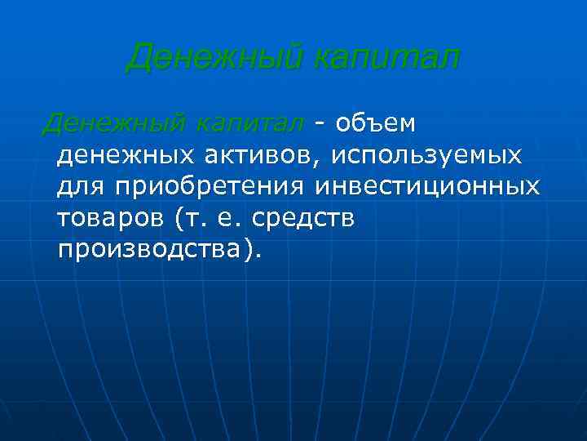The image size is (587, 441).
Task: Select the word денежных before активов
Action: click(123, 155)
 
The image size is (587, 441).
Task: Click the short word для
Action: click(82, 187)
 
